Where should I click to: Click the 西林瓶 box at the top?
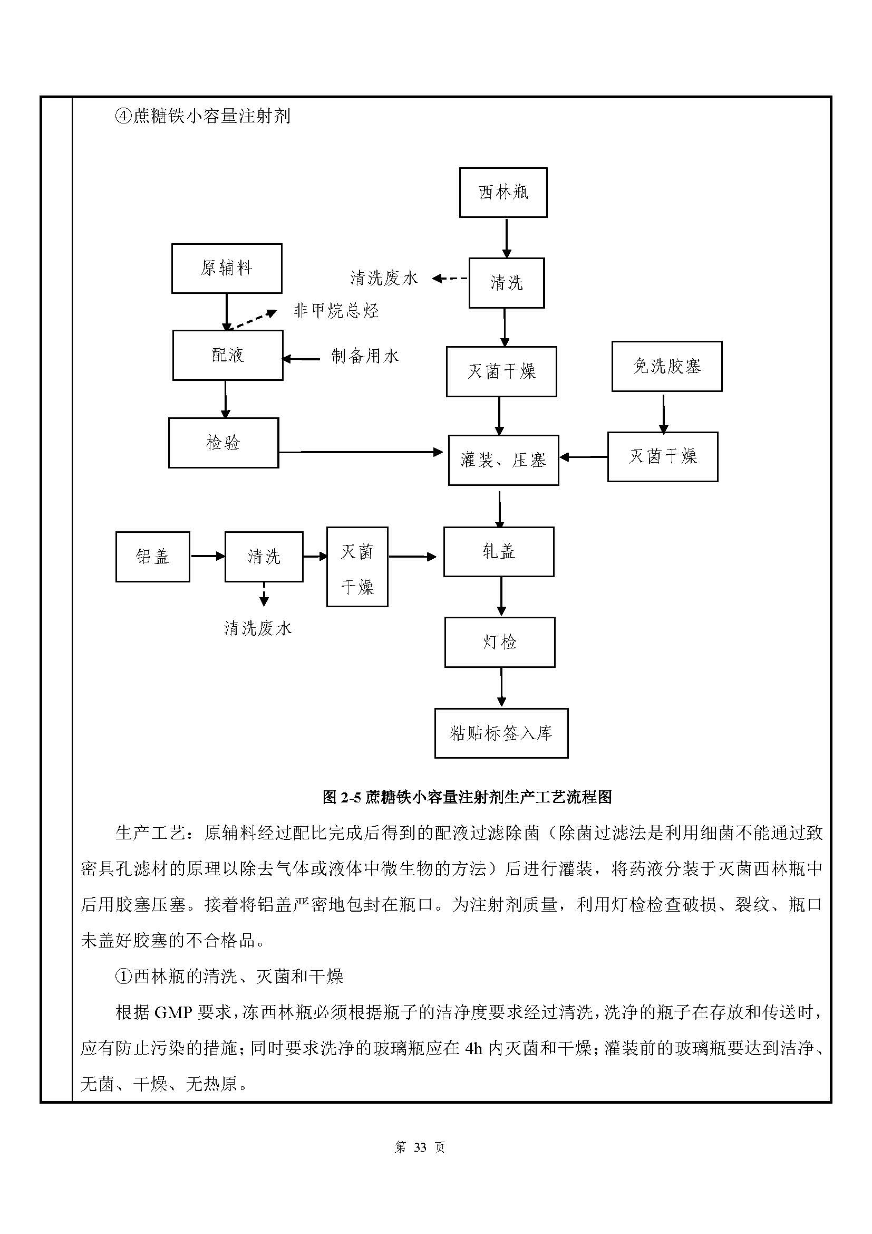pyautogui.click(x=503, y=193)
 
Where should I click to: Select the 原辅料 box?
pyautogui.click(x=227, y=268)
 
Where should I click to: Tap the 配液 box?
pyautogui.click(x=228, y=355)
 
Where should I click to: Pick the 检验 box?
pyautogui.click(x=224, y=443)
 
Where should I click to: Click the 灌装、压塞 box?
pyautogui.click(x=503, y=460)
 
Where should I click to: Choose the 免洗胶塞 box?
pyautogui.click(x=667, y=367)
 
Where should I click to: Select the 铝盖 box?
pyautogui.click(x=152, y=557)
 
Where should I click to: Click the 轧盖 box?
pyautogui.click(x=499, y=551)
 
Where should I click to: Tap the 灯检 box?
pyautogui.click(x=500, y=642)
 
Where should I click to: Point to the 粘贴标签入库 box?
pyautogui.click(x=501, y=733)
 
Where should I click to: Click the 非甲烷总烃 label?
pyautogui.click(x=336, y=311)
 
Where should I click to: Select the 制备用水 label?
pyautogui.click(x=365, y=356)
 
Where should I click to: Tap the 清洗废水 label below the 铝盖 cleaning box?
pyautogui.click(x=258, y=628)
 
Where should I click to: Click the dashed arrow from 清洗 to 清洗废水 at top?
pyautogui.click(x=450, y=279)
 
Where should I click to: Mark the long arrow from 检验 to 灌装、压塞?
pyautogui.click(x=361, y=453)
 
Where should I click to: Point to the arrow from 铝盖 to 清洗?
pyautogui.click(x=207, y=556)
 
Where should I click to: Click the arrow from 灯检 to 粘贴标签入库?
pyautogui.click(x=501, y=687)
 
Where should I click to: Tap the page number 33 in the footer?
pyautogui.click(x=420, y=1147)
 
